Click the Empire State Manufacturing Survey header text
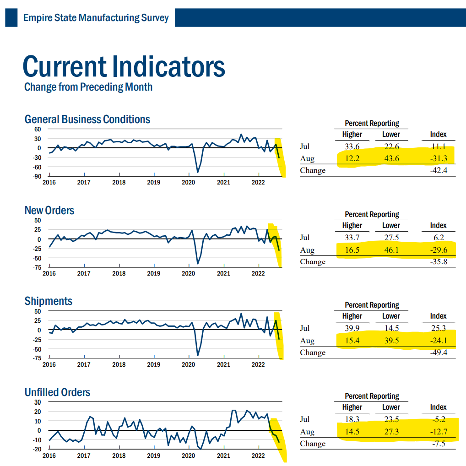pyautogui.click(x=96, y=18)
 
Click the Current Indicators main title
pyautogui.click(x=124, y=66)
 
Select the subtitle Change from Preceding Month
pyautogui.click(x=88, y=87)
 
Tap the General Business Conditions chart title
pyautogui.click(x=87, y=119)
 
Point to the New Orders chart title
pyautogui.click(x=49, y=211)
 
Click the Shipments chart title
pyautogui.click(x=48, y=301)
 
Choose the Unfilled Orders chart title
pyautogui.click(x=57, y=392)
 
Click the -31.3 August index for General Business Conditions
pyautogui.click(x=438, y=159)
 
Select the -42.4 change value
pyautogui.click(x=438, y=171)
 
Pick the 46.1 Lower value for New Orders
pyautogui.click(x=391, y=250)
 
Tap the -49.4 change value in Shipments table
pyautogui.click(x=438, y=352)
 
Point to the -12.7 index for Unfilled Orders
pyautogui.click(x=438, y=432)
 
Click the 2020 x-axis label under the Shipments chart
pyautogui.click(x=188, y=365)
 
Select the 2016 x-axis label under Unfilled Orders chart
pyautogui.click(x=49, y=456)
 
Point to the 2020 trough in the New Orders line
pyautogui.click(x=198, y=263)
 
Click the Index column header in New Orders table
pyautogui.click(x=438, y=225)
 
